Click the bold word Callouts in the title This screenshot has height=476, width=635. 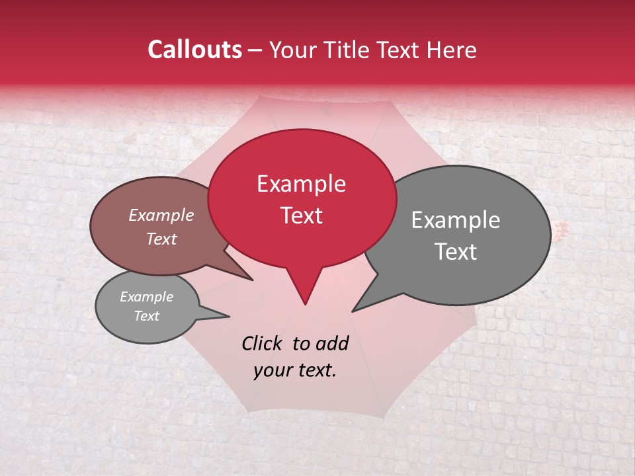[x=194, y=50]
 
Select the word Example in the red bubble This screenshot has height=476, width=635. [x=301, y=184]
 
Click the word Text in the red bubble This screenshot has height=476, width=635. [x=301, y=215]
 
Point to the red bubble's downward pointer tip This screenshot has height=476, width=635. [x=305, y=304]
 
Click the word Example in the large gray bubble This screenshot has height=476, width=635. [x=456, y=220]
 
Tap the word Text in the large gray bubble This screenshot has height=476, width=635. [x=456, y=251]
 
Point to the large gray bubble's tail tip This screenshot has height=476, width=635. [x=353, y=311]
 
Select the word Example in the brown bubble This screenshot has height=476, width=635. [x=161, y=215]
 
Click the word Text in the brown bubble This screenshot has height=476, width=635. [x=161, y=239]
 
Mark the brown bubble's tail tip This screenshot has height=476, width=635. [x=252, y=280]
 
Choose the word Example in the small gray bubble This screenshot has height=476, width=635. [x=146, y=297]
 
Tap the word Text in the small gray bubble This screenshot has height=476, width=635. [x=146, y=316]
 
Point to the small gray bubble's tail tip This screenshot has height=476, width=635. [x=229, y=316]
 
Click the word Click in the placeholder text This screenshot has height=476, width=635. [x=264, y=343]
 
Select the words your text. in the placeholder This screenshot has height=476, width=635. [x=294, y=370]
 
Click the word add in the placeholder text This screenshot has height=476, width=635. [x=332, y=343]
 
